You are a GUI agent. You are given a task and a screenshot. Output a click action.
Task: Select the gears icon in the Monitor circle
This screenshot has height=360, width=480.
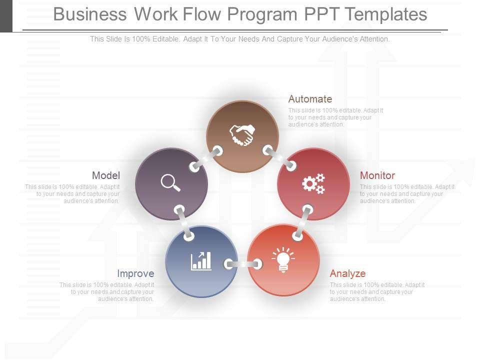pos(313,183)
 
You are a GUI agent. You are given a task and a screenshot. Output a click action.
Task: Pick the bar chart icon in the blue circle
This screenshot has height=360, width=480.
pos(201,261)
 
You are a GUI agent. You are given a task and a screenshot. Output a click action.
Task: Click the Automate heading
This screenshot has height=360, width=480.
pos(310,99)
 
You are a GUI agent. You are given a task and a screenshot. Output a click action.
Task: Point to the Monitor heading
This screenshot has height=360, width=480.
pos(377,175)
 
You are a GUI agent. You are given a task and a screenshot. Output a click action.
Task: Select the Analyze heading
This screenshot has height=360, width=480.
pos(347,273)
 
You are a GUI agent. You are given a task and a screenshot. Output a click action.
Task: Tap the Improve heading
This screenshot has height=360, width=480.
pos(135,273)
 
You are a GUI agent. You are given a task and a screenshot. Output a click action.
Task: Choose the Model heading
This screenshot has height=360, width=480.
pos(106,175)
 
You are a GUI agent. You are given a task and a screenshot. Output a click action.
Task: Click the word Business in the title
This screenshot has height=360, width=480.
pos(90,14)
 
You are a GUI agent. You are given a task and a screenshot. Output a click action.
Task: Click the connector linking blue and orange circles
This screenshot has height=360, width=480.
pos(243,264)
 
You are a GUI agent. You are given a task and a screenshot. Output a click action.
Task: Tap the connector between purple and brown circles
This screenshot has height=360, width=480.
pos(205,159)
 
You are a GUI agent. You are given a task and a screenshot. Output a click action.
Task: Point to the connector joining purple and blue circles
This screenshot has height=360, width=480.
pos(184,222)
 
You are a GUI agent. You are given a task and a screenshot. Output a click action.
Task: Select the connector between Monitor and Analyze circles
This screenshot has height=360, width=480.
pos(303,222)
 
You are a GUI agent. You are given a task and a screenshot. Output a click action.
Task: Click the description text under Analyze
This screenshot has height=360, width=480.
pos(377,292)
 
